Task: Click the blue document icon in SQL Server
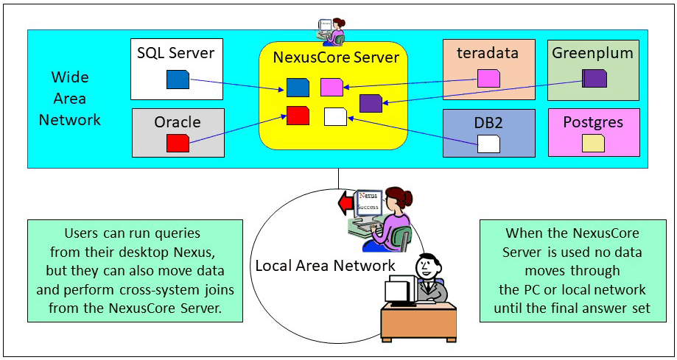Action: [x=178, y=79]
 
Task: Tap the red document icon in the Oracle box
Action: [x=178, y=143]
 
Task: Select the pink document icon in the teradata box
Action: [x=488, y=78]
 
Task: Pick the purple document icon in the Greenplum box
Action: [x=594, y=78]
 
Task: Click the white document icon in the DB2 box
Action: [x=488, y=143]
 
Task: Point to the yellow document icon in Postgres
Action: [x=593, y=143]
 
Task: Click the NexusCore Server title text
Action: [x=336, y=57]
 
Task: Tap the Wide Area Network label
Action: [x=70, y=99]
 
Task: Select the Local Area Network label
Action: [x=325, y=265]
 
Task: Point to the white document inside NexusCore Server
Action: [x=335, y=116]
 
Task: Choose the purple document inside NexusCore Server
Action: [x=371, y=103]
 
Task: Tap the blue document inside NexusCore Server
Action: [x=297, y=88]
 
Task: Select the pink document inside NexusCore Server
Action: [x=332, y=88]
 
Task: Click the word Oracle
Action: [x=178, y=122]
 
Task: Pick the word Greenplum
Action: [x=593, y=53]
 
